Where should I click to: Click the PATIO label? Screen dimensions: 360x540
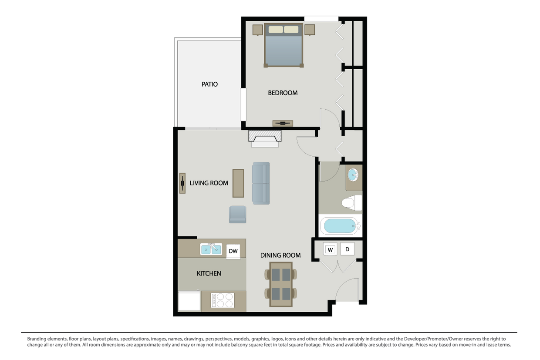pyautogui.click(x=209, y=84)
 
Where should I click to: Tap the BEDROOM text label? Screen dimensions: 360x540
pyautogui.click(x=283, y=93)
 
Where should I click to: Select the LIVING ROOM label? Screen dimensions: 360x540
pyautogui.click(x=209, y=183)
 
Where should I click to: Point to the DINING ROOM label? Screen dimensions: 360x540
pyautogui.click(x=280, y=255)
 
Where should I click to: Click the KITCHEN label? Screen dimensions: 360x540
pyautogui.click(x=209, y=273)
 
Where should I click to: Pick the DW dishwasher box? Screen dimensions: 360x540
pyautogui.click(x=233, y=251)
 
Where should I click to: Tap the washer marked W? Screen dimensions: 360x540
pyautogui.click(x=331, y=249)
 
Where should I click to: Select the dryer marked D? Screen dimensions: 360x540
pyautogui.click(x=348, y=249)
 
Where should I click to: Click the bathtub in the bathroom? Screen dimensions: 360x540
pyautogui.click(x=340, y=226)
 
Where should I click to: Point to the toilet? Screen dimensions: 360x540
pyautogui.click(x=351, y=203)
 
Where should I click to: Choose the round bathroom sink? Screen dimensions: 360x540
pyautogui.click(x=354, y=175)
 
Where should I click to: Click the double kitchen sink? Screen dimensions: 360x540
pyautogui.click(x=211, y=249)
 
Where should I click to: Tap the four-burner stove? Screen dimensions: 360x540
pyautogui.click(x=223, y=300)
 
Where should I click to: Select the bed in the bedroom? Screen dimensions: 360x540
pyautogui.click(x=283, y=45)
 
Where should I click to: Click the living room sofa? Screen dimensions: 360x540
pyautogui.click(x=261, y=183)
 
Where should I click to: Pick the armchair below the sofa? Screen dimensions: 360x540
pyautogui.click(x=237, y=214)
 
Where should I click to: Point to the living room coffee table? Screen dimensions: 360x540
pyautogui.click(x=238, y=183)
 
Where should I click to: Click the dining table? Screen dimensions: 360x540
pyautogui.click(x=280, y=284)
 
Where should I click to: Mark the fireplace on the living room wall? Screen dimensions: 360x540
pyautogui.click(x=265, y=138)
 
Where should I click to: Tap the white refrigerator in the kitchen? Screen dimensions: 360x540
pyautogui.click(x=189, y=301)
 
